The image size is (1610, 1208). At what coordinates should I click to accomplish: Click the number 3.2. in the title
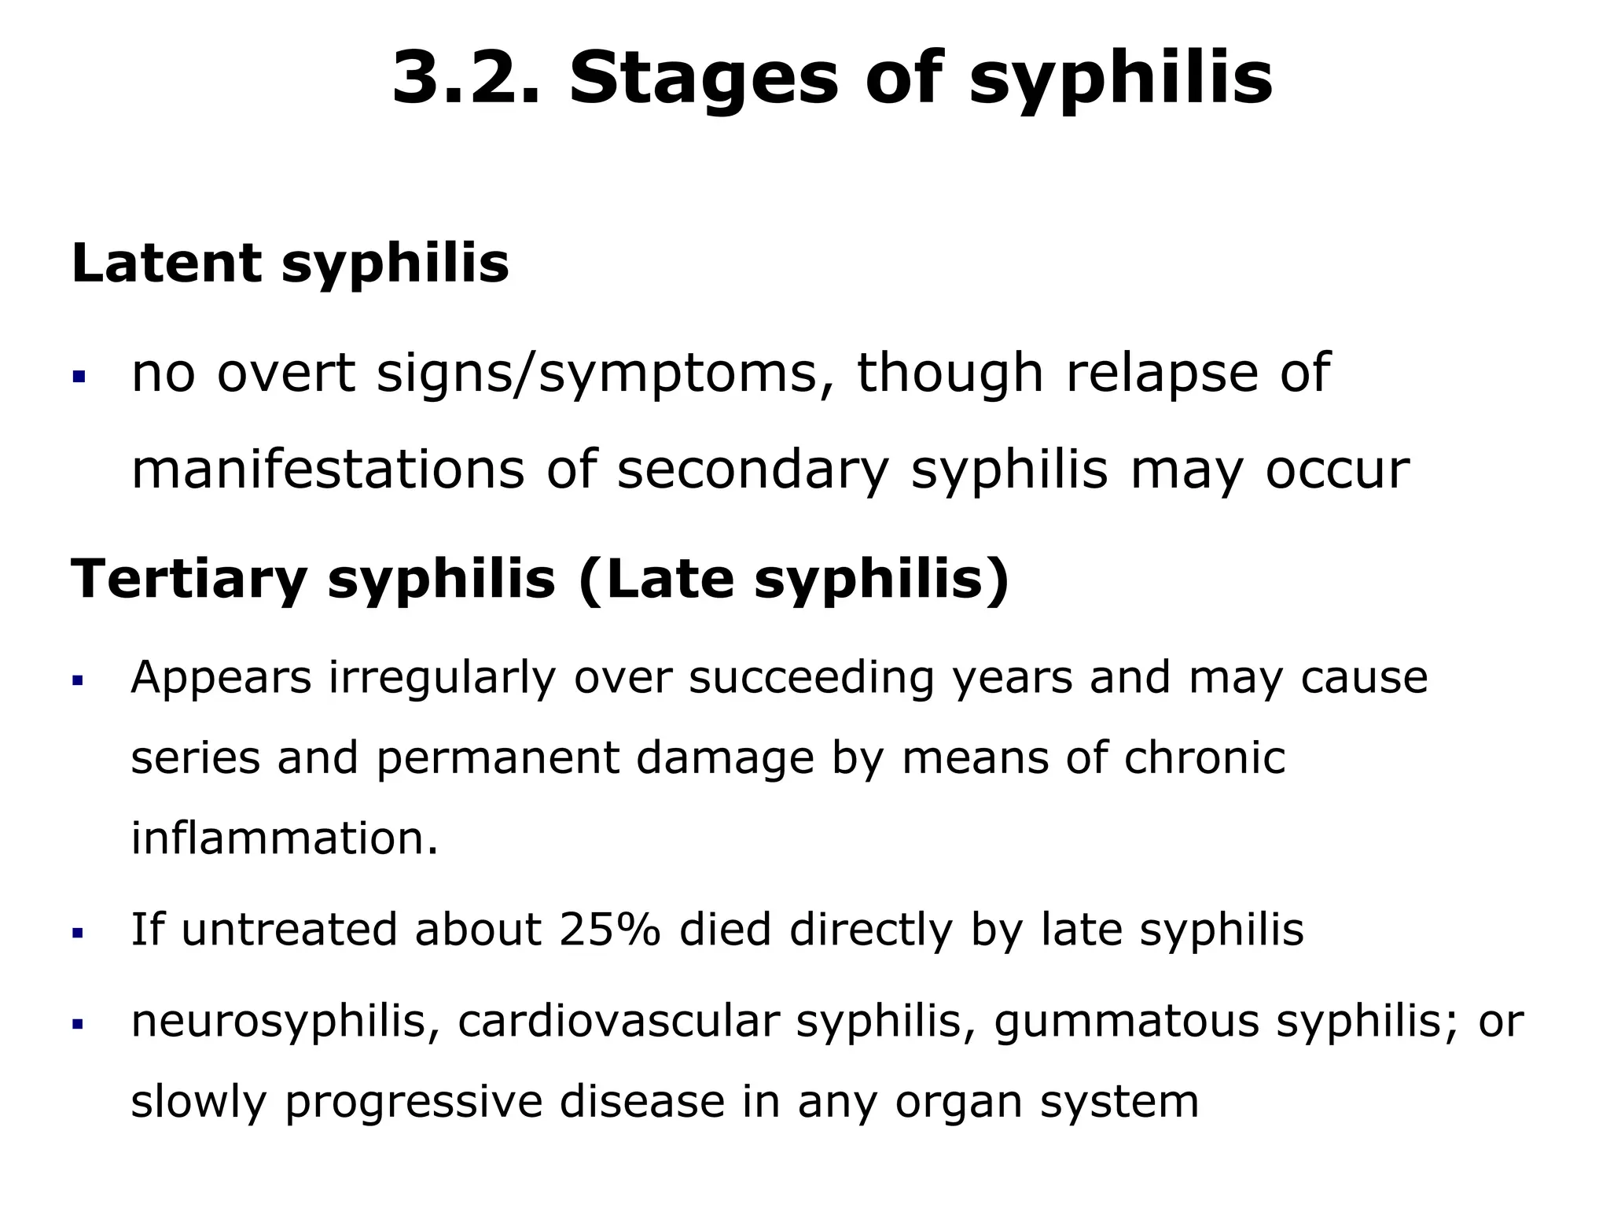pos(465,79)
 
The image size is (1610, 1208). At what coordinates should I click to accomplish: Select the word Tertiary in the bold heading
pos(189,580)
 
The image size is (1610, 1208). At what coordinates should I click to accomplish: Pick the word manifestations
pos(327,470)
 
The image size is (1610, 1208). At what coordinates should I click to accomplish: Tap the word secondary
pos(752,470)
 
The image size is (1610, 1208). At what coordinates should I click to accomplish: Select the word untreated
pos(290,930)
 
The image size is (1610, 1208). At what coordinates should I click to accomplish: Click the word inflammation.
pos(284,838)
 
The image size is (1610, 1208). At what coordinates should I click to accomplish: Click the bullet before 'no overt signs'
pos(78,377)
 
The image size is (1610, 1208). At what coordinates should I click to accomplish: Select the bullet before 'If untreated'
pos(78,934)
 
